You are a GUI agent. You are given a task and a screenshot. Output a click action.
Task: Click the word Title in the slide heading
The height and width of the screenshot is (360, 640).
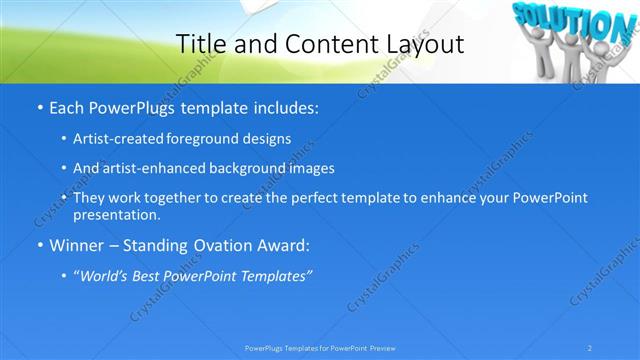click(200, 44)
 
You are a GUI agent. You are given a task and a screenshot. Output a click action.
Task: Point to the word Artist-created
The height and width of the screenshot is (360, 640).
click(116, 138)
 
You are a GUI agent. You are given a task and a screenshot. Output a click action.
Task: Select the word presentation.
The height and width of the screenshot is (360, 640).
click(116, 215)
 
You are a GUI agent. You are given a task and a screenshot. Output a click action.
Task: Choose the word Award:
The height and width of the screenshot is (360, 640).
click(282, 244)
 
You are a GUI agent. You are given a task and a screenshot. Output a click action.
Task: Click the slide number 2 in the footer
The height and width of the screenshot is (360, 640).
click(590, 348)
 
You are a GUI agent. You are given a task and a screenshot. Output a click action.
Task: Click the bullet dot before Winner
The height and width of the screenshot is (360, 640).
click(38, 245)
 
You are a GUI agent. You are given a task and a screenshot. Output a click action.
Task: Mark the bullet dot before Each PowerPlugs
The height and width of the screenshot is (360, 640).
click(38, 105)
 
